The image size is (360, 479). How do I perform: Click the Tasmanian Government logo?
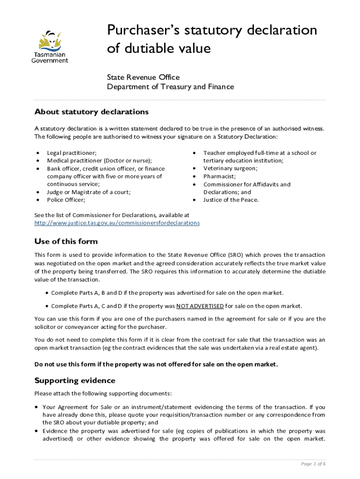(50, 46)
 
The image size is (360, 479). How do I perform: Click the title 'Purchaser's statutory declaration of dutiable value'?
(212, 39)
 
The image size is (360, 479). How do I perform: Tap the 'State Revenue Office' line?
(143, 77)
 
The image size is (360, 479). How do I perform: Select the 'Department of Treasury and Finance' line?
(170, 87)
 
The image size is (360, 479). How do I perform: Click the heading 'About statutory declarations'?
(91, 112)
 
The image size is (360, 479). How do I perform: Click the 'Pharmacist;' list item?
(219, 176)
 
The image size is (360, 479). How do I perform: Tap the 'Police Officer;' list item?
(66, 200)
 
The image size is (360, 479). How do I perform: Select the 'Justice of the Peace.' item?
(230, 200)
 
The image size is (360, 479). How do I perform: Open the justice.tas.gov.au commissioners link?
(117, 223)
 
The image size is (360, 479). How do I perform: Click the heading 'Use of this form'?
(66, 241)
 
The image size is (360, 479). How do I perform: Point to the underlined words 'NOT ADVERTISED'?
(200, 306)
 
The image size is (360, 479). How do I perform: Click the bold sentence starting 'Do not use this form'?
(156, 364)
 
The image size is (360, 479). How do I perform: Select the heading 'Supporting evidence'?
(75, 380)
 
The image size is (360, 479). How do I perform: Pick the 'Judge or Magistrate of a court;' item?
(88, 192)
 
